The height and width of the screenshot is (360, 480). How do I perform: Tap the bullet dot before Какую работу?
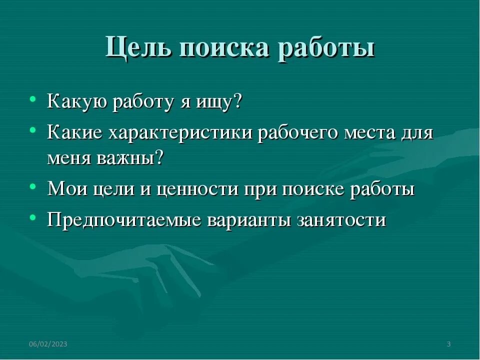click(32, 99)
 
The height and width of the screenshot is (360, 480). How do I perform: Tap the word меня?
click(69, 158)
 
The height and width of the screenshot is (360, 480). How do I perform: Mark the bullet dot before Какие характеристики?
click(32, 130)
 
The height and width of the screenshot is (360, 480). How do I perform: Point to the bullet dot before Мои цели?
click(32, 187)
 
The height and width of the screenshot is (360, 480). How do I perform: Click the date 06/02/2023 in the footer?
click(48, 344)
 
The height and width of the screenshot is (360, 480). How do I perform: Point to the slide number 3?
click(448, 344)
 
